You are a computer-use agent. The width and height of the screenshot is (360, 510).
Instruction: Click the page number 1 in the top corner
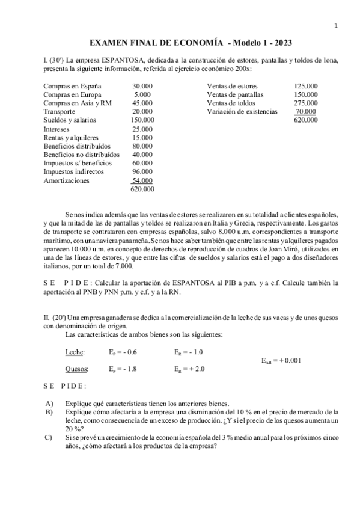[336, 25]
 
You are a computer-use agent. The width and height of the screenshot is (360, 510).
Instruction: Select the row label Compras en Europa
[72, 94]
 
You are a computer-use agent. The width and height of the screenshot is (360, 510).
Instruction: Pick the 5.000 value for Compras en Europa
[142, 94]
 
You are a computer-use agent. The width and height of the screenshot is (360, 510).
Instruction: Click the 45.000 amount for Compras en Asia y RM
[142, 103]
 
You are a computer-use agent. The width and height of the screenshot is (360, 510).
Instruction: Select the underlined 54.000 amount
[142, 180]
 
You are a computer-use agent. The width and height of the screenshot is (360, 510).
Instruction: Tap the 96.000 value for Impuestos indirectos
[142, 171]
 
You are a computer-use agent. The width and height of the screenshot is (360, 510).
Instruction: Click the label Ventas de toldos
[231, 103]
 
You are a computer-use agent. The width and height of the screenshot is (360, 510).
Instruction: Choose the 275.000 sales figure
[306, 103]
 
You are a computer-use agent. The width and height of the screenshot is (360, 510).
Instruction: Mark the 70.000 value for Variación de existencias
[306, 111]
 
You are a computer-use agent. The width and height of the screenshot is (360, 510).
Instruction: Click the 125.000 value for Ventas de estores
[306, 86]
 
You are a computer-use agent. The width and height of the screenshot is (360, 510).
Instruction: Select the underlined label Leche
[75, 352]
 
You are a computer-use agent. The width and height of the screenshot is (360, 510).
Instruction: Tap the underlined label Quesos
[76, 369]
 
